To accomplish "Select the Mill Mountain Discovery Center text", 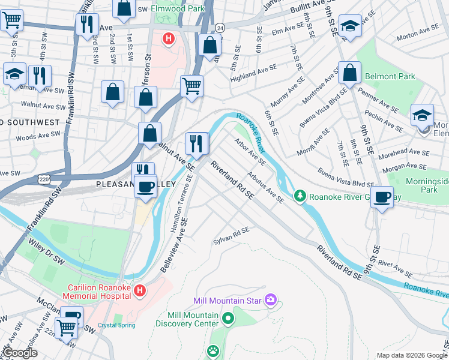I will pos(186,320).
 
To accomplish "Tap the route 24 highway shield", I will pos(220,28).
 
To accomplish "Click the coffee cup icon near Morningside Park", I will pos(381,197).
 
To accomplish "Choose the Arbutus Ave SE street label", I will pos(265,188).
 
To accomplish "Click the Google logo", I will pos(20,353).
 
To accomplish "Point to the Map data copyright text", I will pos(411,355).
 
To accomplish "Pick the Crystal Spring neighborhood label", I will pos(116,326).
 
